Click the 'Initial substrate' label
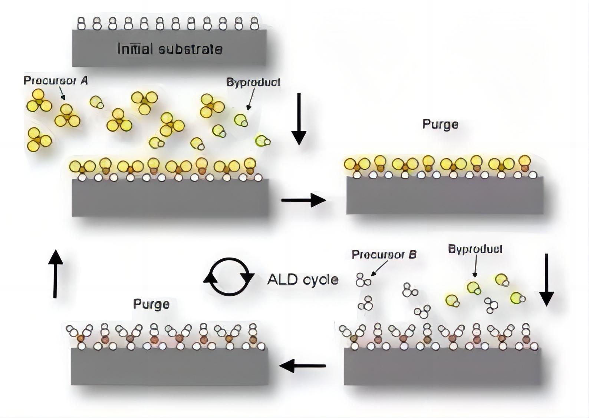(170, 49)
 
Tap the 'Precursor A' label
(56, 80)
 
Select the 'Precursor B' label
(384, 255)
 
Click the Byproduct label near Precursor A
(253, 82)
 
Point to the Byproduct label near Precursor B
(475, 249)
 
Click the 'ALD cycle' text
(303, 279)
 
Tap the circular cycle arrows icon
(229, 277)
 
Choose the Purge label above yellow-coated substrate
(440, 124)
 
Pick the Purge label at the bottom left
(151, 304)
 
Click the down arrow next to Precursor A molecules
(299, 119)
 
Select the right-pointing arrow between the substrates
(303, 200)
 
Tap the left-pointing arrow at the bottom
(302, 366)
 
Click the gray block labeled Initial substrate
(169, 59)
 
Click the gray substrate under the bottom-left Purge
(170, 367)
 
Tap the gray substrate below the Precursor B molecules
(442, 367)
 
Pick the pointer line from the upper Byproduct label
(251, 99)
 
